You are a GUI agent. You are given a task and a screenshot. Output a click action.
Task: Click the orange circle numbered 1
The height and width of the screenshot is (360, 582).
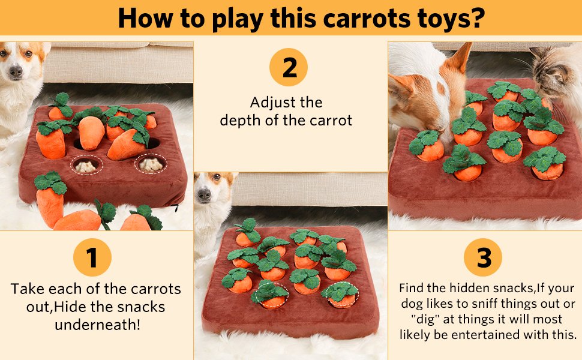pyautogui.click(x=92, y=257)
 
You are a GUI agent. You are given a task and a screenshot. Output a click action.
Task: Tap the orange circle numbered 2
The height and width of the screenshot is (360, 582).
pyautogui.click(x=289, y=67)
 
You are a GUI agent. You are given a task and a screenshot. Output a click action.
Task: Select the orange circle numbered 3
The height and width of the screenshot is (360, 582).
pyautogui.click(x=483, y=257)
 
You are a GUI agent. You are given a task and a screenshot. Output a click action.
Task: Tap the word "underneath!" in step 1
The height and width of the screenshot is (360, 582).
pyautogui.click(x=98, y=325)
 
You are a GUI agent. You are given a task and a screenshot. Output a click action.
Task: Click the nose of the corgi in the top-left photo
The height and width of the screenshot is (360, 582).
pyautogui.click(x=16, y=71)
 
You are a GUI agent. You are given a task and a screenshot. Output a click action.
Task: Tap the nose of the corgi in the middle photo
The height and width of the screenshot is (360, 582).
pyautogui.click(x=204, y=194)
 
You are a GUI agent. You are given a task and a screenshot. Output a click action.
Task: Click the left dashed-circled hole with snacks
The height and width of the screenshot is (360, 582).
pyautogui.click(x=87, y=165)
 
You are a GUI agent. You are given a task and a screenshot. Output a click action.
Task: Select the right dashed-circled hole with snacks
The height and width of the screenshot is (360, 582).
pyautogui.click(x=151, y=164)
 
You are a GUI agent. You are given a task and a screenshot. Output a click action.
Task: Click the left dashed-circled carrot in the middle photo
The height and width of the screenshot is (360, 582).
pyautogui.click(x=270, y=295)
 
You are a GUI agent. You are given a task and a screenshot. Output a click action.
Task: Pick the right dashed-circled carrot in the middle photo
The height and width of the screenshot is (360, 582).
pyautogui.click(x=340, y=295)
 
